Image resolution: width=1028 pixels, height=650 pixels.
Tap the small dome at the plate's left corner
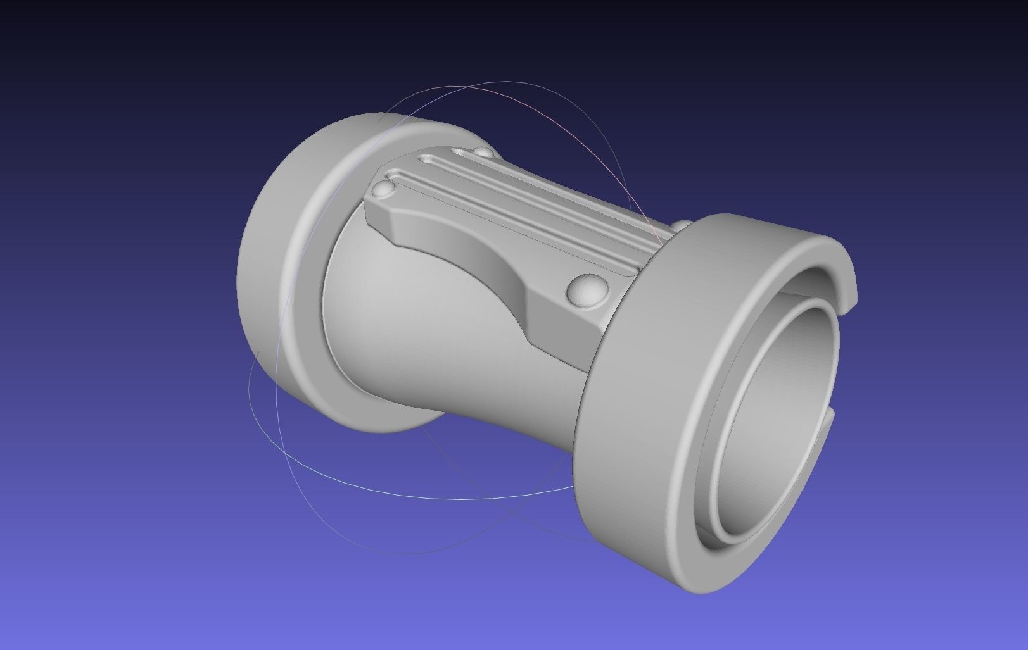click(383, 189)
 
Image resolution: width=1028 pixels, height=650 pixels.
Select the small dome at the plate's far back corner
click(483, 153)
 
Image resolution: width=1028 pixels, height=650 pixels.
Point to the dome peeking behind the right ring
click(682, 225)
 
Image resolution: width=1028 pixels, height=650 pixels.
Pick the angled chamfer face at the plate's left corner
click(379, 218)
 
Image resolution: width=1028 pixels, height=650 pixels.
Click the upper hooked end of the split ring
click(846, 278)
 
